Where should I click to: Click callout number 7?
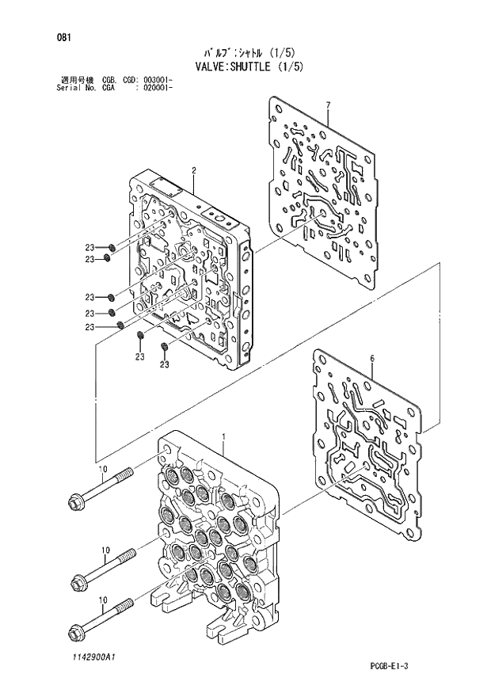pos(327,105)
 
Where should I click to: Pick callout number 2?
pos(193,169)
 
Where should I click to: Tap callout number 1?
pos(224,437)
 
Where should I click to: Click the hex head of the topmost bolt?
pos(78,501)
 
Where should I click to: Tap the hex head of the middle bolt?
pos(78,584)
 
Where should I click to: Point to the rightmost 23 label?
pos(164,364)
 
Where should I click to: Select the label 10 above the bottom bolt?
pos(103,601)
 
